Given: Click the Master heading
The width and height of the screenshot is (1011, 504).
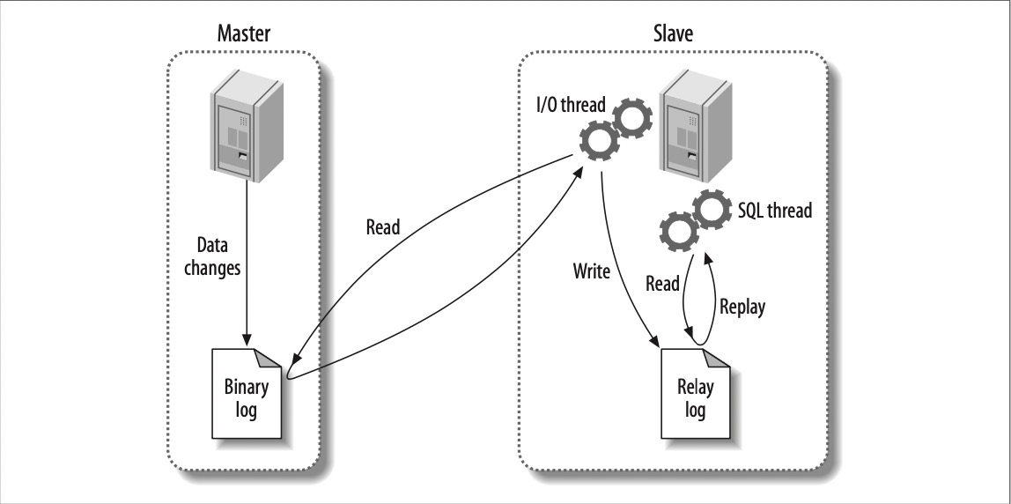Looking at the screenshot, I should click(x=244, y=34).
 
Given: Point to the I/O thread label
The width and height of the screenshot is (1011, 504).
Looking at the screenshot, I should click(x=572, y=107).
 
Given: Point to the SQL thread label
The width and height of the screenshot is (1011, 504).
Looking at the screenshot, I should click(x=772, y=211).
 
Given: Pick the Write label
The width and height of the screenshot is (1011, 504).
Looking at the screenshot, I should click(x=592, y=271).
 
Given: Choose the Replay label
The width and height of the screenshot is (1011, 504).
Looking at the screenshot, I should click(x=742, y=307).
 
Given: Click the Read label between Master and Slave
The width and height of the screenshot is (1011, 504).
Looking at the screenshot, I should click(x=382, y=227).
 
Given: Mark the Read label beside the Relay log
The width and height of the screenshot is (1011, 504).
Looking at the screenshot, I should click(x=662, y=283).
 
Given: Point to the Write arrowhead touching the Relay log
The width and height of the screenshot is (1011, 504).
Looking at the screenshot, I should click(x=655, y=344).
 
